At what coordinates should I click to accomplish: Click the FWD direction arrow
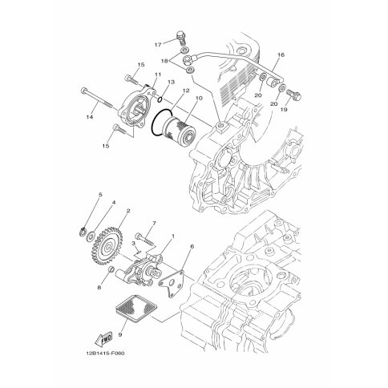point(104,339)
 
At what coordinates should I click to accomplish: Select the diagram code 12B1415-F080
point(105,354)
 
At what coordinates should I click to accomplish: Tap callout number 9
point(120,334)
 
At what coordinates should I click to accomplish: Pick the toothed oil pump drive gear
point(107,245)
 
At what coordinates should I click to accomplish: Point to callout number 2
point(128,211)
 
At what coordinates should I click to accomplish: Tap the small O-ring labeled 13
point(160,99)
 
